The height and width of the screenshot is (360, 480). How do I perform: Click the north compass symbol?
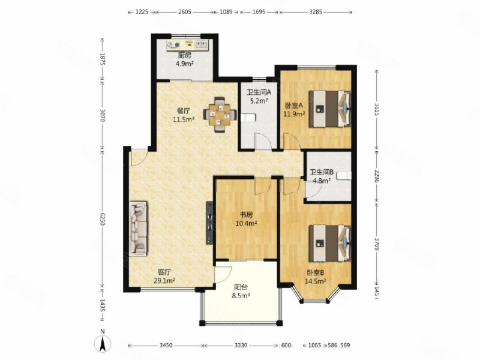pyautogui.click(x=103, y=342)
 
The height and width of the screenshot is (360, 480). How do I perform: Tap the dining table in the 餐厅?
pyautogui.click(x=220, y=115)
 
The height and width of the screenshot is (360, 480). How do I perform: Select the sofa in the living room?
pyautogui.click(x=139, y=228)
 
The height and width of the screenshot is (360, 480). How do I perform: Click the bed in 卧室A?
pyautogui.click(x=329, y=109)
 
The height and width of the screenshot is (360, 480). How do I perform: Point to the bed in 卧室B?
pyautogui.click(x=329, y=243)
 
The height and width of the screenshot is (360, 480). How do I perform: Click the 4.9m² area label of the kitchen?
pyautogui.click(x=185, y=64)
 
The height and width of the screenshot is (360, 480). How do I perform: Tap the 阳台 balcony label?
pyautogui.click(x=241, y=287)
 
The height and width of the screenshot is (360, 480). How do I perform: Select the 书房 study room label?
pyautogui.click(x=246, y=215)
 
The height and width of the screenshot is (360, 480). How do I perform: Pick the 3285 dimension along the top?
pyautogui.click(x=316, y=12)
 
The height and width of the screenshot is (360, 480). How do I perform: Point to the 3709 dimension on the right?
pyautogui.click(x=377, y=244)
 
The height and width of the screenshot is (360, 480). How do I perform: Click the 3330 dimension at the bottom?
pyautogui.click(x=241, y=346)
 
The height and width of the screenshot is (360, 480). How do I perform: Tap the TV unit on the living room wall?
pyautogui.click(x=209, y=223)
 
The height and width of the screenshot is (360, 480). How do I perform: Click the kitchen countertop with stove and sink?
pyautogui.click(x=187, y=46)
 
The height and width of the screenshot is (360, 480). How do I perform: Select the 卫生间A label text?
pyautogui.click(x=259, y=92)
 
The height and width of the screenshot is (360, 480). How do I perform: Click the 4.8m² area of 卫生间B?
pyautogui.click(x=322, y=181)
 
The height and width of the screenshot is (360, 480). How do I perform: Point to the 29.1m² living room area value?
pyautogui.click(x=164, y=280)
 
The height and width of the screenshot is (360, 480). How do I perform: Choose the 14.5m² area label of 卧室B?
pyautogui.click(x=316, y=281)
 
